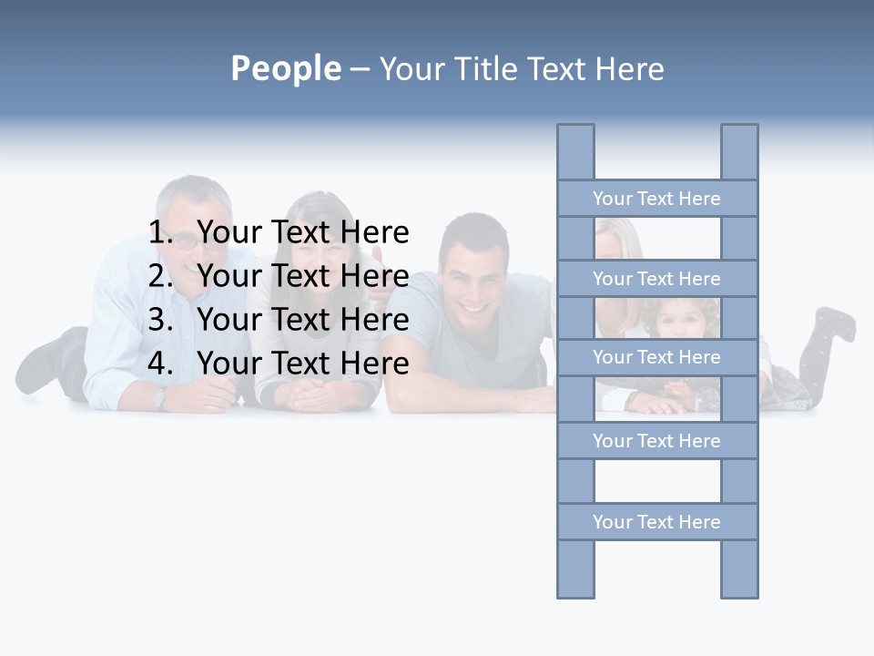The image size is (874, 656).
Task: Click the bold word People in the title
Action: pos(285,68)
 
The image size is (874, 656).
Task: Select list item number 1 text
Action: pos(302,232)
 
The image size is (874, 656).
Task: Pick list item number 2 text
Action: pos(302,275)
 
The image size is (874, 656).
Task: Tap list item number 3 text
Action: pos(302,319)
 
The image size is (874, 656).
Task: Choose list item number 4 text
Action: pos(302,363)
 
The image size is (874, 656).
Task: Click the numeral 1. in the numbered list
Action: pos(160,232)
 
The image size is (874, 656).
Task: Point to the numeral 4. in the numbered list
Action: pos(160,363)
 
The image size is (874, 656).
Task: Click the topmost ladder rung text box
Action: pos(656,199)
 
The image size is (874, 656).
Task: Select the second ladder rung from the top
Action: pos(656,279)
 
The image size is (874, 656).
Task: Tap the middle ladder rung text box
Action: pos(656,357)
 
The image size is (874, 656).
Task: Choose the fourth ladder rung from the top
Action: pos(656,441)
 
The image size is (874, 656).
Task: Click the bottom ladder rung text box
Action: pos(656,522)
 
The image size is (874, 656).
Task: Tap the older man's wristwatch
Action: pos(159,396)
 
